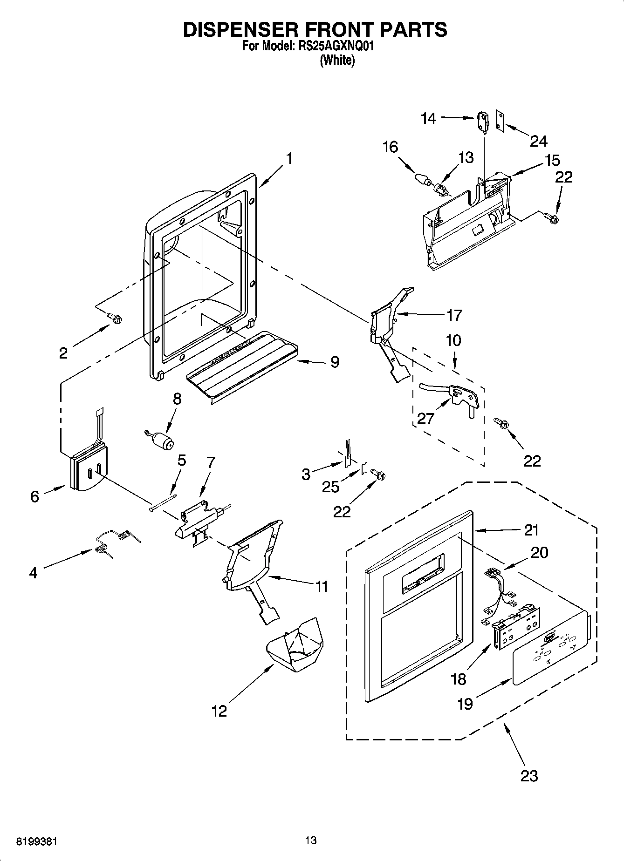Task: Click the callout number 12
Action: coord(219,711)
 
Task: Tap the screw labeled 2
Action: coord(115,318)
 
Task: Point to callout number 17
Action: coord(454,315)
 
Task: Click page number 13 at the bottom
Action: coord(311,840)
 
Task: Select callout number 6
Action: coord(34,496)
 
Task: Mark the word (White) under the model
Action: coord(337,61)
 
